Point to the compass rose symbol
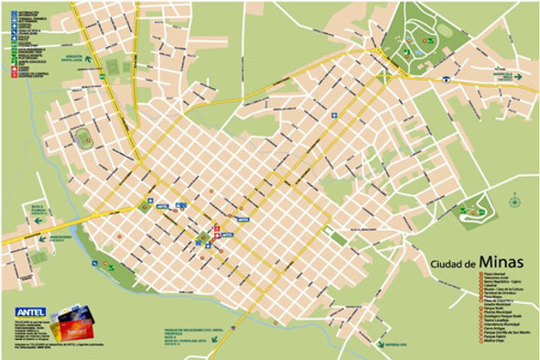(514, 199)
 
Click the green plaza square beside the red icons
(203, 239)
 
